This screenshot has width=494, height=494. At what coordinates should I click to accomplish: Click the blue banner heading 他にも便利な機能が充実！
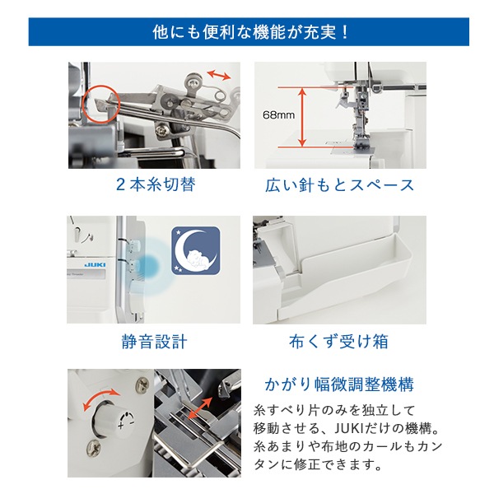point(247,32)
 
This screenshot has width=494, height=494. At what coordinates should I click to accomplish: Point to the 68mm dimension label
point(278,114)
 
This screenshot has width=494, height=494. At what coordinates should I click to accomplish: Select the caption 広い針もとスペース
point(339,184)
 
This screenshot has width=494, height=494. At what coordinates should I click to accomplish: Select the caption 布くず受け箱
point(339,341)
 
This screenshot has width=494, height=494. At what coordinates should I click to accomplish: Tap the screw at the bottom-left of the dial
point(93,448)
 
